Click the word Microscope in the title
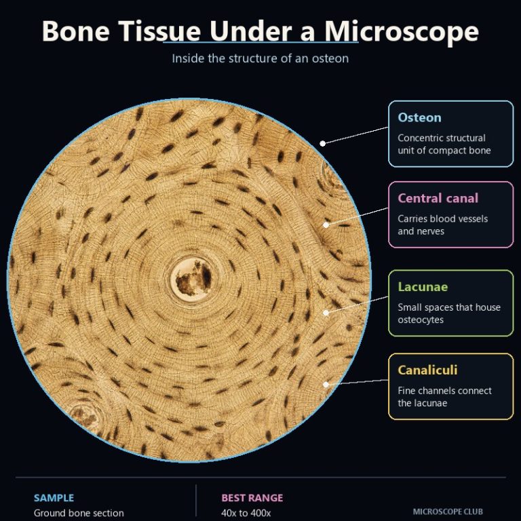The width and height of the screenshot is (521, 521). [x=402, y=33]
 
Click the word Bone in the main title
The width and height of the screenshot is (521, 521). [x=76, y=31]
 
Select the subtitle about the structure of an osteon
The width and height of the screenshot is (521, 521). [x=260, y=58]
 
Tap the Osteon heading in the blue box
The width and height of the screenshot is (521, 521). [x=420, y=117]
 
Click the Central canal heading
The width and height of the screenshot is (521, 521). [x=438, y=198]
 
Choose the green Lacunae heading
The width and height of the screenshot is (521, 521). [x=423, y=287]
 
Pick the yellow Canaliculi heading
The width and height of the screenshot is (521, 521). [x=427, y=370]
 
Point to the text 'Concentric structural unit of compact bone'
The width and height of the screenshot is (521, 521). [x=444, y=144]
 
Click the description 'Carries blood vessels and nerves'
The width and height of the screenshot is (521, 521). [x=442, y=225]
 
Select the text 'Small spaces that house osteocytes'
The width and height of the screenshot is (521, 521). [x=449, y=313]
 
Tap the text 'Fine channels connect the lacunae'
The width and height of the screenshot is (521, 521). [x=444, y=397]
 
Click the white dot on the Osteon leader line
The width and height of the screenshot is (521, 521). [x=323, y=144]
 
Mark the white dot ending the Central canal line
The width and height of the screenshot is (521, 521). [x=326, y=225]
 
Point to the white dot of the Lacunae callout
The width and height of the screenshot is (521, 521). [x=326, y=313]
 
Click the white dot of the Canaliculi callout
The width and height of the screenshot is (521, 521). [x=326, y=385]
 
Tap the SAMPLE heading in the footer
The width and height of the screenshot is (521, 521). [x=54, y=498]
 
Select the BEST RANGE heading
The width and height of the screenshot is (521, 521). [x=252, y=498]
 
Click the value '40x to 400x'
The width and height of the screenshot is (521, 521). [x=246, y=513]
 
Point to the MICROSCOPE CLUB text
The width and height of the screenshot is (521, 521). [x=448, y=512]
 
